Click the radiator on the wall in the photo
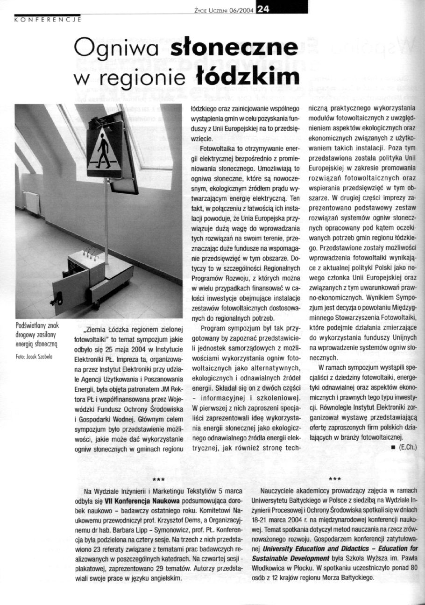click(32, 203)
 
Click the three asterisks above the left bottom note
click(157, 480)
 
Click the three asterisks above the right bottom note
click(334, 479)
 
